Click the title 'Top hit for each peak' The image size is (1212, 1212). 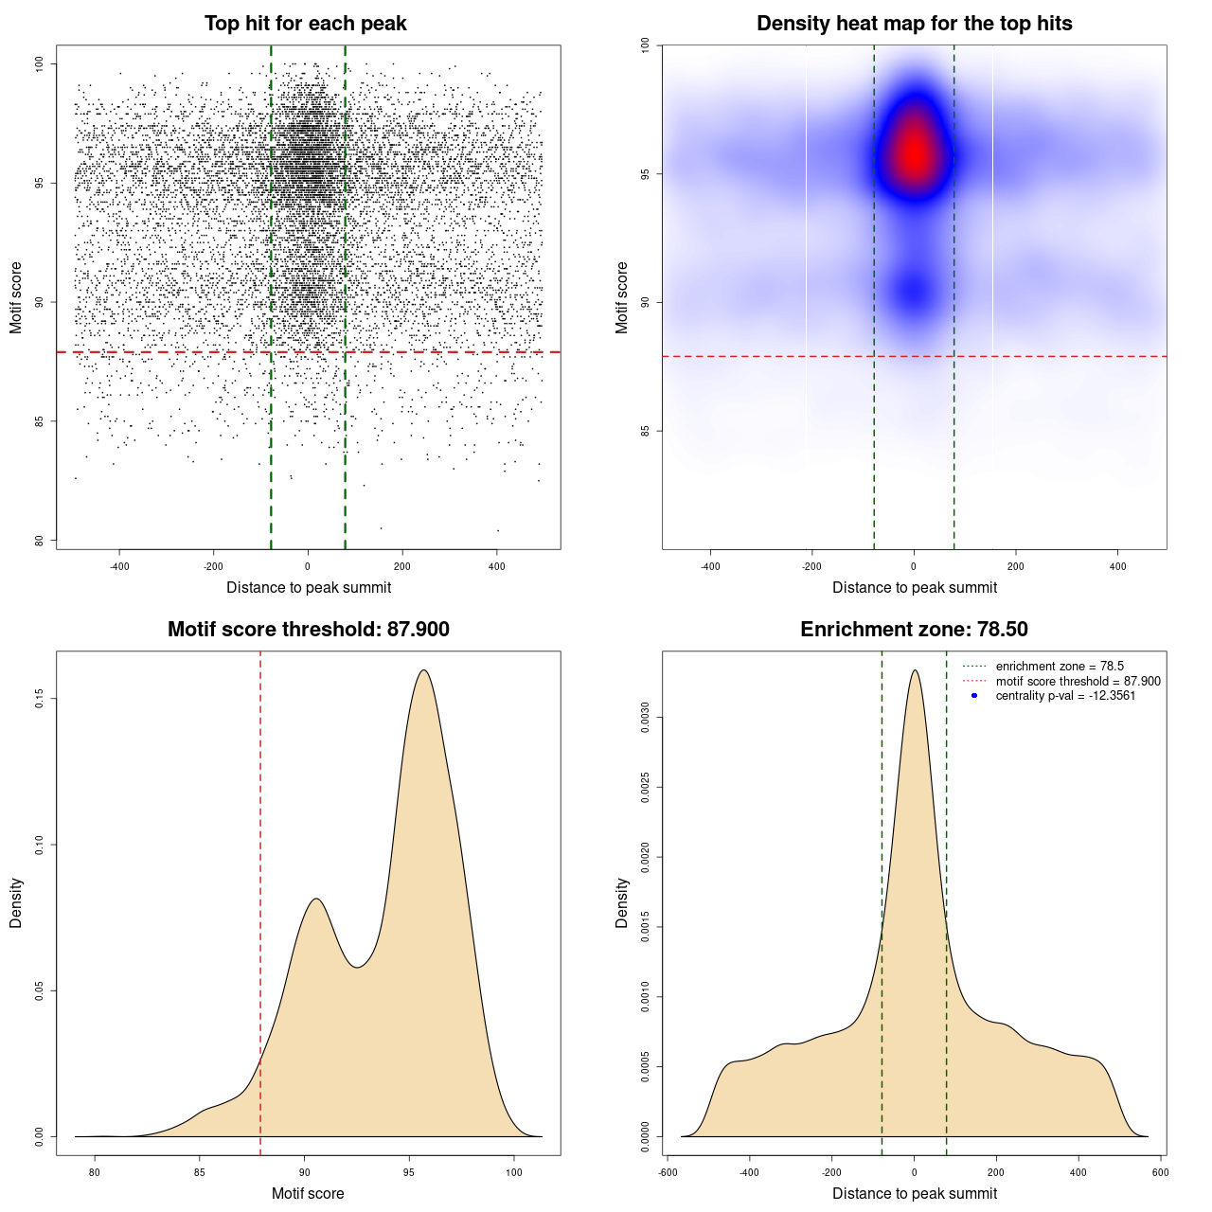tap(305, 24)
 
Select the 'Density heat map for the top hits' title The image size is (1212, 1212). tap(914, 24)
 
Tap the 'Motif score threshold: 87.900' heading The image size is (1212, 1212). tap(308, 630)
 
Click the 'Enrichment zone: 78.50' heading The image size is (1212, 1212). tap(914, 630)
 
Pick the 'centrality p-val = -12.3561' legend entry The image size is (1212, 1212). tap(1065, 696)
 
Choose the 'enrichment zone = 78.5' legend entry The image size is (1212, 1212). tap(1060, 667)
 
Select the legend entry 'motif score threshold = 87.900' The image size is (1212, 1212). tap(1078, 682)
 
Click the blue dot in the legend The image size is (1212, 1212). tap(974, 696)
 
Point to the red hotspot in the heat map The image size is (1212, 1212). tap(914, 151)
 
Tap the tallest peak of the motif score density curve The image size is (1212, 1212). tap(423, 670)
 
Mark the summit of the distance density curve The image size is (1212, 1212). tap(915, 670)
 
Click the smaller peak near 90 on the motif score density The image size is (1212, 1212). tap(316, 899)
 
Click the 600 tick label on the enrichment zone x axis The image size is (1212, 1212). tap(1160, 1172)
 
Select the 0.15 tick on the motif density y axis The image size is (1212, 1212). tap(39, 699)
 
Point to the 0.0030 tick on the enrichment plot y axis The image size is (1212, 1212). tap(645, 718)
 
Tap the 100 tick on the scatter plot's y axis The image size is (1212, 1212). tap(39, 63)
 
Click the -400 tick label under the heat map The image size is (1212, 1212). tap(710, 566)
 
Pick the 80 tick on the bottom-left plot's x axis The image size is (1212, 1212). tap(95, 1172)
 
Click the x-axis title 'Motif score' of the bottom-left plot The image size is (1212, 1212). tap(308, 1193)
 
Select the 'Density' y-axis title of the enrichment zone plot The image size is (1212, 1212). tap(622, 902)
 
